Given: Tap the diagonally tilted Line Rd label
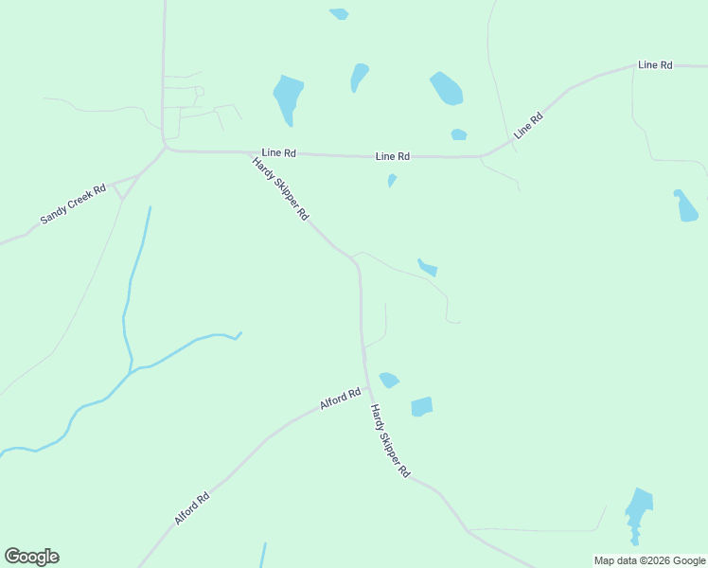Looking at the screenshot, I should pyautogui.click(x=529, y=126).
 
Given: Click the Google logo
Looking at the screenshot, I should pyautogui.click(x=31, y=557).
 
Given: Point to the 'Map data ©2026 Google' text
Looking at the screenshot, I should pyautogui.click(x=649, y=560).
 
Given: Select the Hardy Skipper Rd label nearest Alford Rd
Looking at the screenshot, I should pyautogui.click(x=389, y=440).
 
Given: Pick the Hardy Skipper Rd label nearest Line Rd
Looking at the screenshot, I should pyautogui.click(x=280, y=188).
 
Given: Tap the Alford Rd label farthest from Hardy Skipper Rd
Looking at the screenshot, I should pyautogui.click(x=191, y=508).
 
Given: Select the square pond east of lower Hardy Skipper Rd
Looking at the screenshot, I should pyautogui.click(x=421, y=407).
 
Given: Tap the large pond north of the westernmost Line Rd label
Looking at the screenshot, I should pyautogui.click(x=288, y=98).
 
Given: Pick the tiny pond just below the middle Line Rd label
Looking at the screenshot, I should pyautogui.click(x=392, y=180).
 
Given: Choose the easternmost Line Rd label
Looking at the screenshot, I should pyautogui.click(x=655, y=64).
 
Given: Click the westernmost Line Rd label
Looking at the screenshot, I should pyautogui.click(x=279, y=152).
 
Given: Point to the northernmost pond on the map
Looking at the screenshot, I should pyautogui.click(x=339, y=14).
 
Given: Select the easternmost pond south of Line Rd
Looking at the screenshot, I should pyautogui.click(x=686, y=206).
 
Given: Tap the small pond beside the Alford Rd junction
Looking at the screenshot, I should pyautogui.click(x=388, y=380).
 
